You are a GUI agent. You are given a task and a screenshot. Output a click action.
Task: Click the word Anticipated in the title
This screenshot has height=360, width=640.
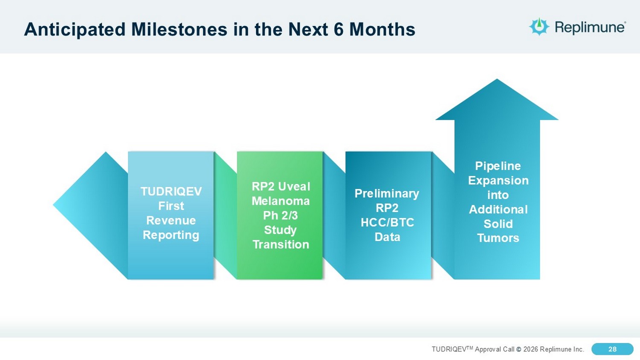tap(75, 30)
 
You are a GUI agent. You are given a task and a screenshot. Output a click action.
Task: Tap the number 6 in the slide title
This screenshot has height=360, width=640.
tap(338, 29)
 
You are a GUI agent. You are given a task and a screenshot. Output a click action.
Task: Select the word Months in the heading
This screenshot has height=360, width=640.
tap(382, 29)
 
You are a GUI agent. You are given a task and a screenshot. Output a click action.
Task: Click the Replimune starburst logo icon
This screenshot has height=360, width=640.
tap(539, 26)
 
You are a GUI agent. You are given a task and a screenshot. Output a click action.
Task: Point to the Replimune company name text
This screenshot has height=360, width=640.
tap(590, 27)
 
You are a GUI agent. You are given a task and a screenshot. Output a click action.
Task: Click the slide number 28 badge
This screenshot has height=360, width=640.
tap(612, 349)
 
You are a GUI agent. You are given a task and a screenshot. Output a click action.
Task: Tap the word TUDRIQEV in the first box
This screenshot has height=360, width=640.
tap(171, 192)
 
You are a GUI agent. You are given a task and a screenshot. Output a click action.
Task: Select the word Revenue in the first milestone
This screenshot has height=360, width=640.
tap(171, 220)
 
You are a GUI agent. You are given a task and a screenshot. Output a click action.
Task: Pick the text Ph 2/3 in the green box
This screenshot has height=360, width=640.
tap(280, 215)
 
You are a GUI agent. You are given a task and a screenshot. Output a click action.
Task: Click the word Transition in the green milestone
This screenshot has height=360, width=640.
tap(281, 244)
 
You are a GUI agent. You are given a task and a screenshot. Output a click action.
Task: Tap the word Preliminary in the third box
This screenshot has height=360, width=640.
tap(387, 194)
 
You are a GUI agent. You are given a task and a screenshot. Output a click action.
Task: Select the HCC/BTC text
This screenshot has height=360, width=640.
tap(387, 223)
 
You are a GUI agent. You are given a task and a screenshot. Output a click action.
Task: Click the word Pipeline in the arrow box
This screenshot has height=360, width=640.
tap(498, 166)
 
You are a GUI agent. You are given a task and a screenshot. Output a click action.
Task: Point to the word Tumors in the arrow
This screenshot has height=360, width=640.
tap(498, 238)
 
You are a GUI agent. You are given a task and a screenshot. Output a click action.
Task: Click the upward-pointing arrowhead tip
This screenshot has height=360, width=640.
tap(497, 79)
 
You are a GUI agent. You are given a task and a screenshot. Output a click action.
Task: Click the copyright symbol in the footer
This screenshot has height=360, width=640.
tap(519, 349)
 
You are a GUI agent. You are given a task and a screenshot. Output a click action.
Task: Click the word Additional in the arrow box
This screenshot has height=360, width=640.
tap(498, 209)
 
